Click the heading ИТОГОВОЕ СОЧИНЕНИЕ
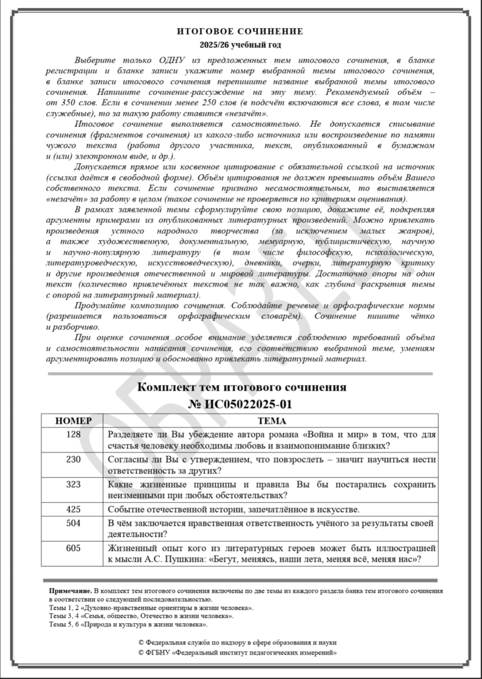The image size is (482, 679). (240, 31)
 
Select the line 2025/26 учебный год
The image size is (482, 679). (240, 45)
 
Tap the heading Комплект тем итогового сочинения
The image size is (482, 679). (241, 387)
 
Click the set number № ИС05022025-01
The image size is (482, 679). (240, 404)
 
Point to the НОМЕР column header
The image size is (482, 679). (73, 420)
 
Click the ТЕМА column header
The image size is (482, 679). (271, 420)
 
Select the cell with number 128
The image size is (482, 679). (73, 434)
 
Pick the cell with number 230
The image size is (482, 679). (73, 459)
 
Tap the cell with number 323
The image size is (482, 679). (73, 484)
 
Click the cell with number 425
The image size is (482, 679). (73, 509)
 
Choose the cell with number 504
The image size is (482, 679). (73, 523)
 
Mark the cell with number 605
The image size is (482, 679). (73, 548)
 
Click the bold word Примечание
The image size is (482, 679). (70, 591)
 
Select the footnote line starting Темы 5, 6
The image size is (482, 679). (129, 625)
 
